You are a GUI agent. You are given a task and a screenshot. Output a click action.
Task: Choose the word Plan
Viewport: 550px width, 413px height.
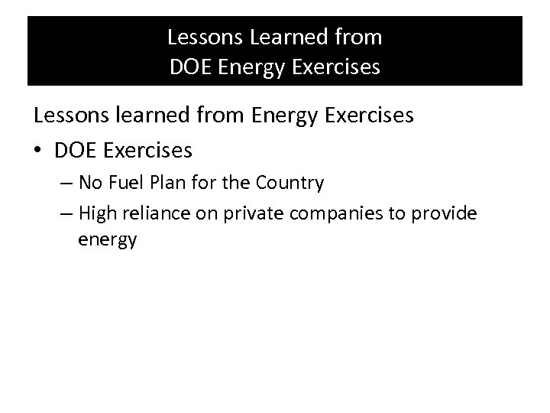point(167,184)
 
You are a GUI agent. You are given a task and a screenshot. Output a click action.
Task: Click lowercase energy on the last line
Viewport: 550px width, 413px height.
point(107,240)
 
